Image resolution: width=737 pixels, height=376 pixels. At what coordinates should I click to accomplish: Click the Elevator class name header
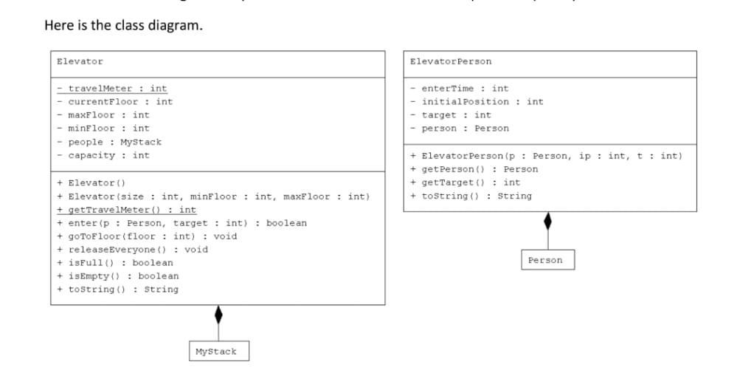pyautogui.click(x=80, y=61)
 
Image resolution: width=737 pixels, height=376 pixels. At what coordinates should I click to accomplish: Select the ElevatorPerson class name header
pyautogui.click(x=451, y=61)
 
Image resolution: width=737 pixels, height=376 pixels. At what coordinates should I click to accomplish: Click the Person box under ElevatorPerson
pyautogui.click(x=545, y=260)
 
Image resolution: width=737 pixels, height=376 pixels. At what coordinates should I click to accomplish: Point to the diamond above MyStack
pyautogui.click(x=218, y=314)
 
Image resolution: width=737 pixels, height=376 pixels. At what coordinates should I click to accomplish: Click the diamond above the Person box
pyautogui.click(x=547, y=221)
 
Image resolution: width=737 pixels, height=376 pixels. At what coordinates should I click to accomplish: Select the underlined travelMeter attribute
pyautogui.click(x=112, y=89)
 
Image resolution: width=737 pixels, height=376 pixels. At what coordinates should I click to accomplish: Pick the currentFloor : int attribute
pyautogui.click(x=115, y=102)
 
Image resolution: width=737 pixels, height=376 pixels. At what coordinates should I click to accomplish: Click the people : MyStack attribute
pyautogui.click(x=109, y=142)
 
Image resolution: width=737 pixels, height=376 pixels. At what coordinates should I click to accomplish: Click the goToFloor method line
pyautogui.click(x=147, y=236)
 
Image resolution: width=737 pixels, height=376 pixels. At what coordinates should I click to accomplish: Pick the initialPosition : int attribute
pyautogui.click(x=477, y=102)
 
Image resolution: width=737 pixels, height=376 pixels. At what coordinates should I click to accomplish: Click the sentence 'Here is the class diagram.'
pyautogui.click(x=123, y=26)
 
